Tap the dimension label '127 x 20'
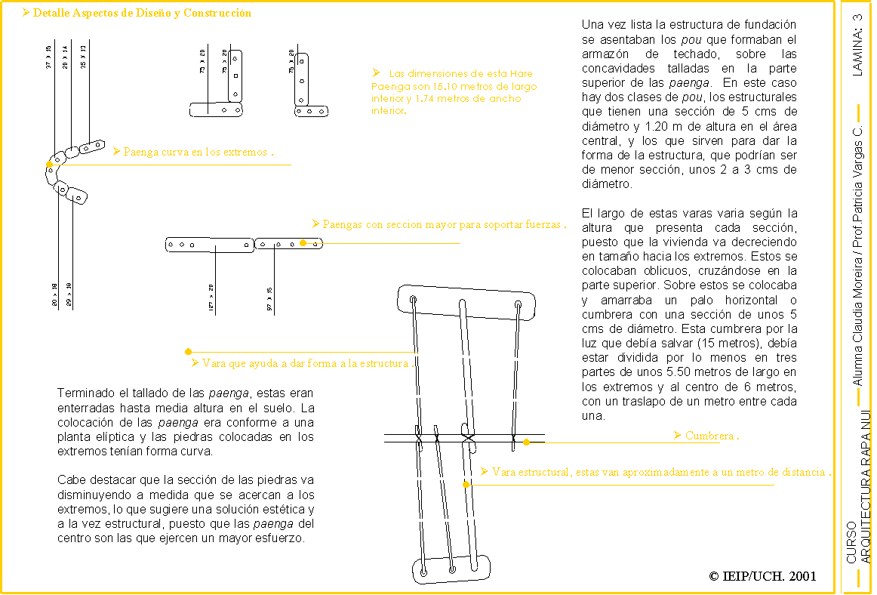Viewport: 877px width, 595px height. pyautogui.click(x=211, y=298)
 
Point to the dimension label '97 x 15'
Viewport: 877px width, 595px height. pyautogui.click(x=269, y=299)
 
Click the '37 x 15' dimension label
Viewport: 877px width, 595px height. pyautogui.click(x=49, y=57)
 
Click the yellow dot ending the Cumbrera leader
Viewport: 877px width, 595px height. pyautogui.click(x=526, y=442)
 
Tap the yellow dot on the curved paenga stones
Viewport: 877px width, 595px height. pyautogui.click(x=49, y=164)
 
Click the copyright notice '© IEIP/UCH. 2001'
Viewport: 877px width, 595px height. pyautogui.click(x=763, y=576)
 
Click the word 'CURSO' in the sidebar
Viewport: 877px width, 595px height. pyautogui.click(x=851, y=541)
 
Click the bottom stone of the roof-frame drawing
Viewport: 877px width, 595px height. pyautogui.click(x=451, y=569)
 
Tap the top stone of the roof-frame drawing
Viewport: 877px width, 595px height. pyautogui.click(x=466, y=300)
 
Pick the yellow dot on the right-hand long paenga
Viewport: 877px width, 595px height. pyautogui.click(x=303, y=243)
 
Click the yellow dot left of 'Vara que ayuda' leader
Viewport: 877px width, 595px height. pyautogui.click(x=188, y=351)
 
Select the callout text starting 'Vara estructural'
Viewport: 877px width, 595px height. pyautogui.click(x=660, y=472)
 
